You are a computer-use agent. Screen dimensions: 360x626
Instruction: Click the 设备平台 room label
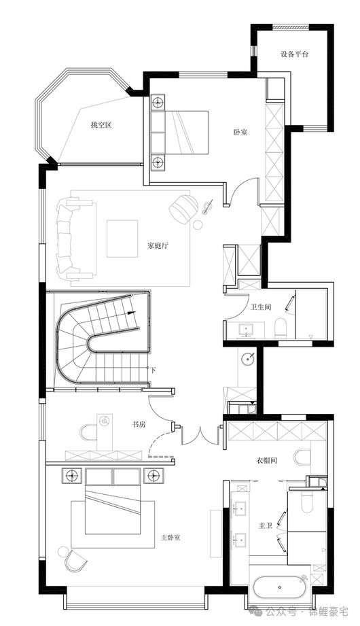pyautogui.click(x=294, y=54)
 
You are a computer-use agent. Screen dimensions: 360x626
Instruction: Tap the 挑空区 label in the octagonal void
pyautogui.click(x=101, y=125)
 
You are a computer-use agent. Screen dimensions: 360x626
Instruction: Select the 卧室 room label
pyautogui.click(x=240, y=132)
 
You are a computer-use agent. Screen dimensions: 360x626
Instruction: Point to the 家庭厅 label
pyautogui.click(x=158, y=245)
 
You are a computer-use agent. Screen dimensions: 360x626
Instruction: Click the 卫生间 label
pyautogui.click(x=261, y=307)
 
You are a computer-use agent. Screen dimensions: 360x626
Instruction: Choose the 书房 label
pyautogui.click(x=139, y=424)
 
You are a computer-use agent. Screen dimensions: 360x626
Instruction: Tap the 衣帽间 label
pyautogui.click(x=266, y=460)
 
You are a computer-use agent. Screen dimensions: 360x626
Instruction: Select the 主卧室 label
pyautogui.click(x=170, y=538)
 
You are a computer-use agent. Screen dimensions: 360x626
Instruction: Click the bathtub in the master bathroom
pyautogui.click(x=280, y=587)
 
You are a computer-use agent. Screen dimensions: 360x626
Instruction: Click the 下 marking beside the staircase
pyautogui.click(x=154, y=370)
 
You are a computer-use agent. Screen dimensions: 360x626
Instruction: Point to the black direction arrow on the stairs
pyautogui.click(x=132, y=313)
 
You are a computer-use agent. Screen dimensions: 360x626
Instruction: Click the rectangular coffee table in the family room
pyautogui.click(x=122, y=239)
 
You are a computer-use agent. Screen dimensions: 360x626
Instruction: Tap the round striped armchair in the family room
pyautogui.click(x=183, y=209)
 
